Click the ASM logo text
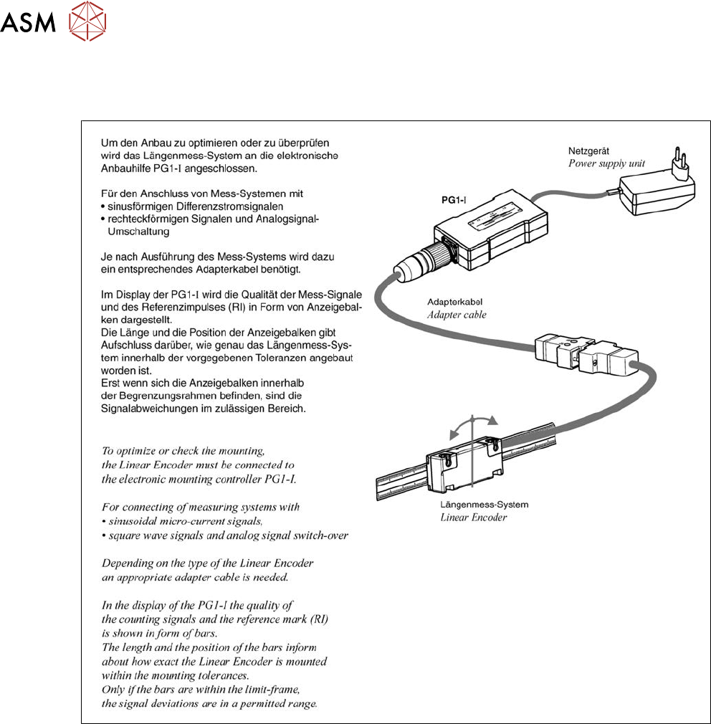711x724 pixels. coord(29,24)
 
